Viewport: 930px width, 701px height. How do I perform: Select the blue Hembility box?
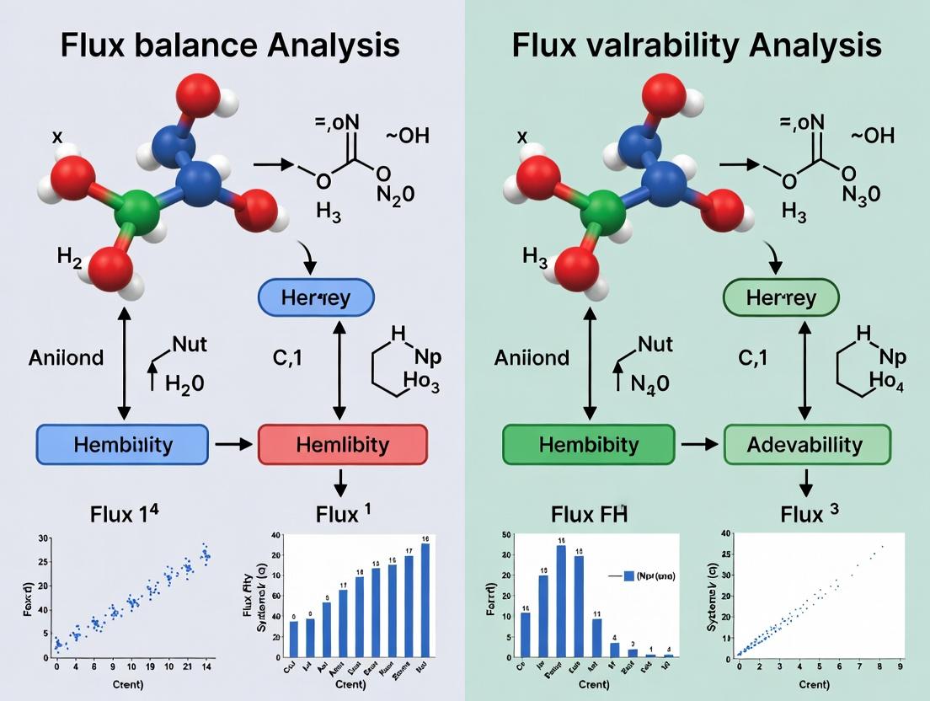[122, 444]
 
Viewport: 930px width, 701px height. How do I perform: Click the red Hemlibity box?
[342, 444]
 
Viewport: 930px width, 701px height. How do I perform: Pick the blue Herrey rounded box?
[315, 298]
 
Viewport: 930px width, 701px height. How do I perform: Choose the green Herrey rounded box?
[782, 298]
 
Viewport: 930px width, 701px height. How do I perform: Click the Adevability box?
[807, 444]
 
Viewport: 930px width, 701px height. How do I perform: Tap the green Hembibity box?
[588, 444]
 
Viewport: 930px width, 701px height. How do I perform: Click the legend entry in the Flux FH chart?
[646, 576]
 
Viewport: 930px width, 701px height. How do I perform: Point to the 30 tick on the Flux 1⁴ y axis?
[44, 538]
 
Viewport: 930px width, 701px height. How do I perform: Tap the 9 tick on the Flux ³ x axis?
[901, 667]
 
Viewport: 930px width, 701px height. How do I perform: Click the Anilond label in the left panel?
[67, 357]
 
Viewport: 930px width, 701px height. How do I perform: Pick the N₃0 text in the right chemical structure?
[860, 194]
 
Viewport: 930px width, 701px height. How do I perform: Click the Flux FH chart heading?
[589, 514]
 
